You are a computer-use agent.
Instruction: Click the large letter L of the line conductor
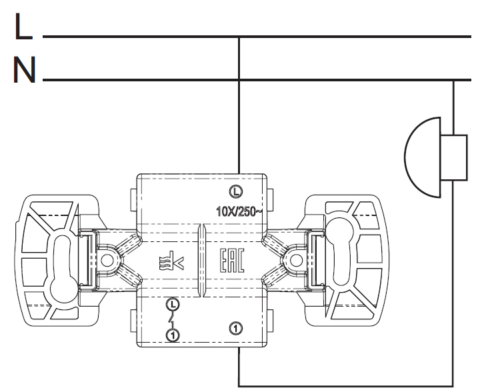(22, 28)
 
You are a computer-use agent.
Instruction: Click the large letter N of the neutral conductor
(24, 70)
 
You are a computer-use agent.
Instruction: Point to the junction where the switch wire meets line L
(238, 36)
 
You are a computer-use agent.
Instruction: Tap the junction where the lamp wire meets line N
(453, 81)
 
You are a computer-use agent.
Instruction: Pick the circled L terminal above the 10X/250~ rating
(235, 191)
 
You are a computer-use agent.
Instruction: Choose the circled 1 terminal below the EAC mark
(235, 327)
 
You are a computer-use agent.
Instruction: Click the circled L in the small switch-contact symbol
(173, 305)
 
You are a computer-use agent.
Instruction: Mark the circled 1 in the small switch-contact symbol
(173, 335)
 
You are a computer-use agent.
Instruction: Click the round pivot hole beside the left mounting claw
(107, 260)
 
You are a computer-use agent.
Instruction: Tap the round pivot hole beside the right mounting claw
(293, 259)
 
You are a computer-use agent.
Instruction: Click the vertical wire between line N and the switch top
(238, 127)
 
